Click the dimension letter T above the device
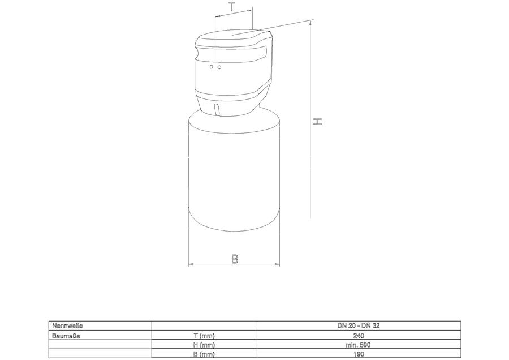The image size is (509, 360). (x=231, y=6)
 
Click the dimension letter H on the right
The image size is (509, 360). (x=317, y=122)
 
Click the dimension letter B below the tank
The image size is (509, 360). (x=234, y=259)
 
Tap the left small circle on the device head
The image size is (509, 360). (x=212, y=67)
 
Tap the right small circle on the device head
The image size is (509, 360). (x=219, y=67)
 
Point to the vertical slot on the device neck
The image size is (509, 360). (x=217, y=109)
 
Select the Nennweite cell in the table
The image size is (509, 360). (x=67, y=325)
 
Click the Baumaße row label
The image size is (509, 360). (x=66, y=335)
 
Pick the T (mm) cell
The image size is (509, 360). (x=204, y=335)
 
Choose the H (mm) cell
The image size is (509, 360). (x=204, y=345)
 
